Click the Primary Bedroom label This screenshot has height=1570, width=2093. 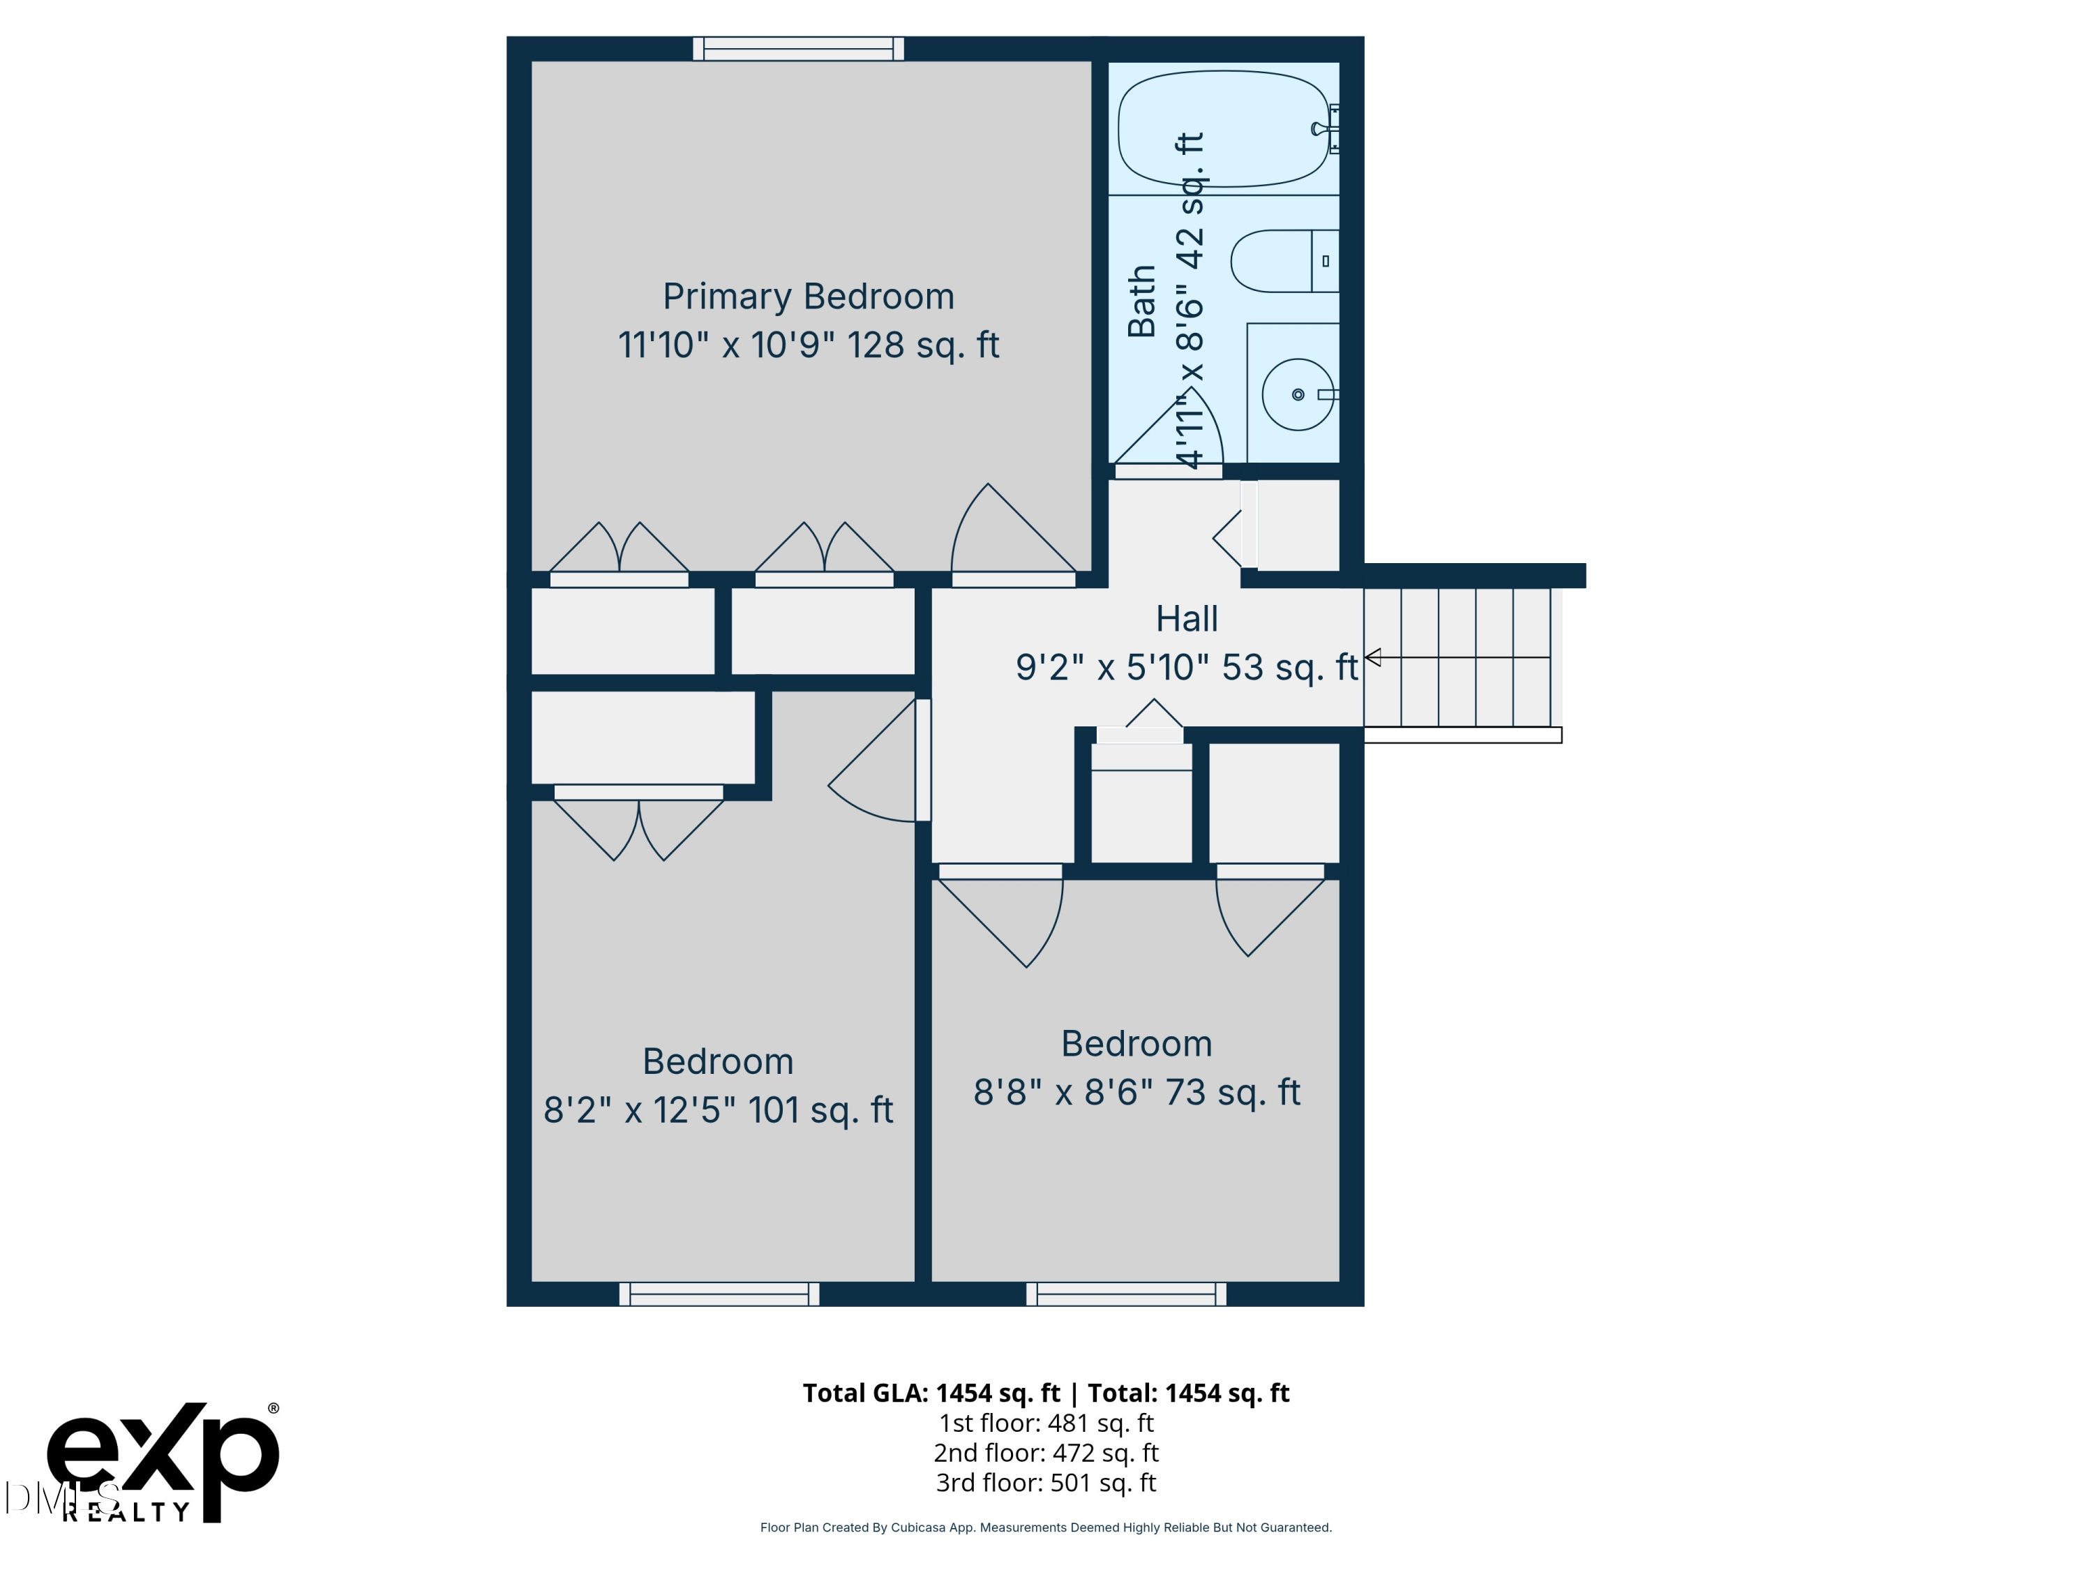click(808, 297)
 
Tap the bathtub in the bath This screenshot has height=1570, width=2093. click(1224, 128)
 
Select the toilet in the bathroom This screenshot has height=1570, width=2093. click(1284, 261)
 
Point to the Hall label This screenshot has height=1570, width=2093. click(1187, 619)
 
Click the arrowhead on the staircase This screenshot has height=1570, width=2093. click(1373, 657)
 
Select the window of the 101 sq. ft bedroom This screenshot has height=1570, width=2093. click(719, 1294)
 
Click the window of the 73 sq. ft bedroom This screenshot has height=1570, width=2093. click(1126, 1294)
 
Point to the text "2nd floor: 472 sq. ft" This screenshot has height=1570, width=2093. click(1046, 1453)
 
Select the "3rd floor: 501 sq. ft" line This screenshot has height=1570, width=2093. click(1046, 1482)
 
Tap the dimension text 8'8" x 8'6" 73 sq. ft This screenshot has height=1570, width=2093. click(1136, 1092)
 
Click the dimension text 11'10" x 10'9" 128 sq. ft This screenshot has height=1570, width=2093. click(808, 345)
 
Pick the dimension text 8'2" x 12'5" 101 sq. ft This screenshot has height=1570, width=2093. click(718, 1110)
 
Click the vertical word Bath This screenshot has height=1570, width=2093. click(1142, 301)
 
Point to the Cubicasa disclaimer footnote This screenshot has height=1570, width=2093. click(1046, 1527)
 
